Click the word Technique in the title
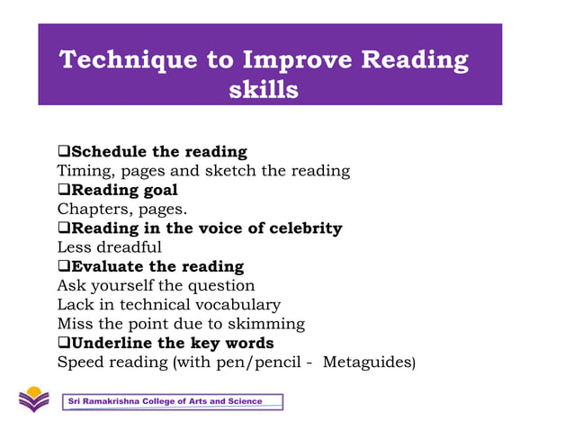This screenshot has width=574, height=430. click(118, 61)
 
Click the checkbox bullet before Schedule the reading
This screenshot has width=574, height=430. click(64, 151)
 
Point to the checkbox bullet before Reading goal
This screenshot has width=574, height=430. click(64, 190)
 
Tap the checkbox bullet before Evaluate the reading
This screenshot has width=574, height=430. click(64, 266)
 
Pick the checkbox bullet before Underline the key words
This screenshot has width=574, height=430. click(64, 343)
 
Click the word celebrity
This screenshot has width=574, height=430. click(301, 228)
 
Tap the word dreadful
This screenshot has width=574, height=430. click(130, 247)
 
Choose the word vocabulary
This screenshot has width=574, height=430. click(240, 305)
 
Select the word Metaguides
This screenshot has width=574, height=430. click(368, 362)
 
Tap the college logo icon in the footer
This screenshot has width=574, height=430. click(35, 399)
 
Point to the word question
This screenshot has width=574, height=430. click(222, 286)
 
